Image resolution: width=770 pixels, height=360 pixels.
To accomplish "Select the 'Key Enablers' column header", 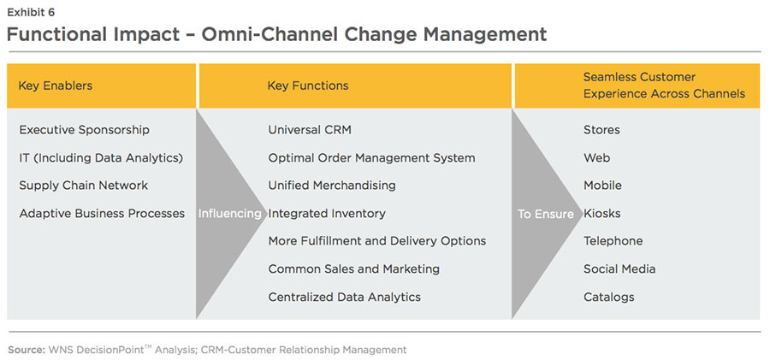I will point(56,86).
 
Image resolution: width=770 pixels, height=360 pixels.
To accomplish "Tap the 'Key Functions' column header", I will point(308,86).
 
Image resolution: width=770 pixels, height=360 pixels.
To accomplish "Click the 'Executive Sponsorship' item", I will point(85,130).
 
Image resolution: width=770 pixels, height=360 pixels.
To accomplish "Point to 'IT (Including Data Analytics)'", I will point(101,157).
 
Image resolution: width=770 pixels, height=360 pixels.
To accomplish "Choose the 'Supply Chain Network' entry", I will point(83,186).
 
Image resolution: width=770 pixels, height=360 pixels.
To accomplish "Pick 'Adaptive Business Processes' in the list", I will point(102,213).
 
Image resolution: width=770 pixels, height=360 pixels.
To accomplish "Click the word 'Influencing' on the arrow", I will point(229,214).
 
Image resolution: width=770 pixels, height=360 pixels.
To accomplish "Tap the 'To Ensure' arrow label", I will point(546,214).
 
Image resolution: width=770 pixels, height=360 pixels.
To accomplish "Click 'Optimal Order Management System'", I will point(371,157).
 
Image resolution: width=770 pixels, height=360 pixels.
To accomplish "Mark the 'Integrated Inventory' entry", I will point(327,213).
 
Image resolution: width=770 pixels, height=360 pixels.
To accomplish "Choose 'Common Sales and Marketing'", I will point(353,269).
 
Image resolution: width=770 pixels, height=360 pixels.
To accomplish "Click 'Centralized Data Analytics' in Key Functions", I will point(344,297).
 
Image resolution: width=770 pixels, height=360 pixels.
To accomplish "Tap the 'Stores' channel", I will point(601,130).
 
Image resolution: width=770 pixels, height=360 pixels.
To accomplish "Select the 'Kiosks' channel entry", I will point(602,213).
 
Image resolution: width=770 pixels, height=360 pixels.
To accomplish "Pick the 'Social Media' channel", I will point(619,269).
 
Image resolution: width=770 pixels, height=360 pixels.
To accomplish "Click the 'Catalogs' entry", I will point(609,297).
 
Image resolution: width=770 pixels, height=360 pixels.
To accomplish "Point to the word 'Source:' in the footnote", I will point(27,349).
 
